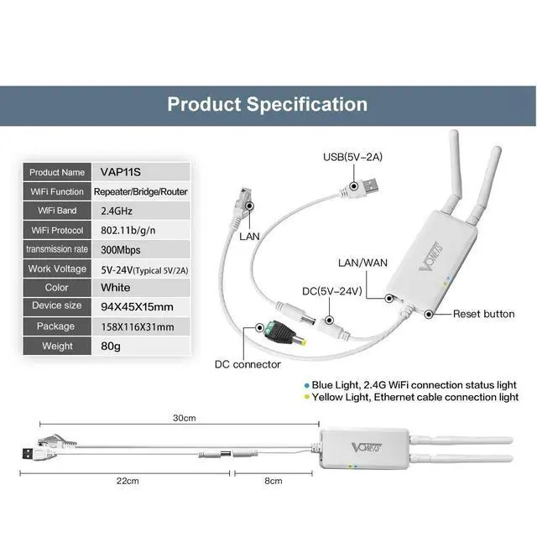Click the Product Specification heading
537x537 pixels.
(x=267, y=105)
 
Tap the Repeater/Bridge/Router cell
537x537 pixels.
(x=140, y=191)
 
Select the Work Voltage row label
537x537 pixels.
(x=56, y=268)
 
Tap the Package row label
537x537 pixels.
(x=56, y=326)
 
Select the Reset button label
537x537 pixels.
(x=483, y=314)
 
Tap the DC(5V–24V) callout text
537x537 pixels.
(x=331, y=291)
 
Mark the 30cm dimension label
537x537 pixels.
(x=184, y=417)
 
